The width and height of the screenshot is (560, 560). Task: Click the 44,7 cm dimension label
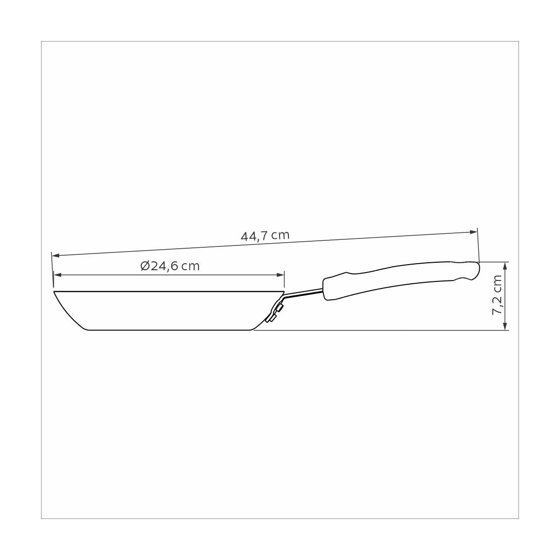coord(265,235)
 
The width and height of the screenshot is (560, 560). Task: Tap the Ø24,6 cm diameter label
coord(170,266)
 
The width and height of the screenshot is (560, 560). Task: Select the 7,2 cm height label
coord(497,295)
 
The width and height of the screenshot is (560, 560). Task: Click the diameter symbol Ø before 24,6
coord(144,266)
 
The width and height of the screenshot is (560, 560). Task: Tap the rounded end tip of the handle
coord(476,271)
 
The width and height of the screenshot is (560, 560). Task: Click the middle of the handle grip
coord(397,276)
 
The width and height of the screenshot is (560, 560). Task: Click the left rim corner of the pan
coord(55,292)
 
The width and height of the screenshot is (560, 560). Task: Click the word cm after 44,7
coord(280,234)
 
